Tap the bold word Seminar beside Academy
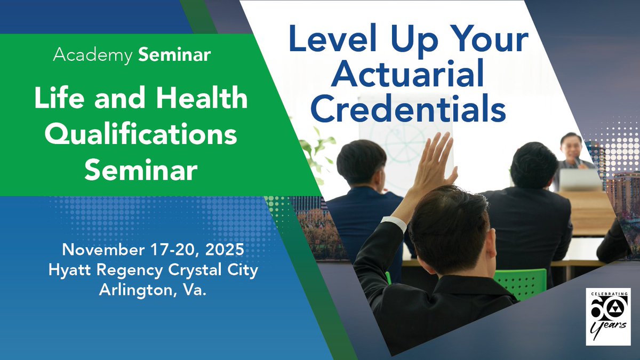tap(174, 55)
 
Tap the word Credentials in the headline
tap(408, 109)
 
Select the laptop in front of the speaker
tap(580, 180)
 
